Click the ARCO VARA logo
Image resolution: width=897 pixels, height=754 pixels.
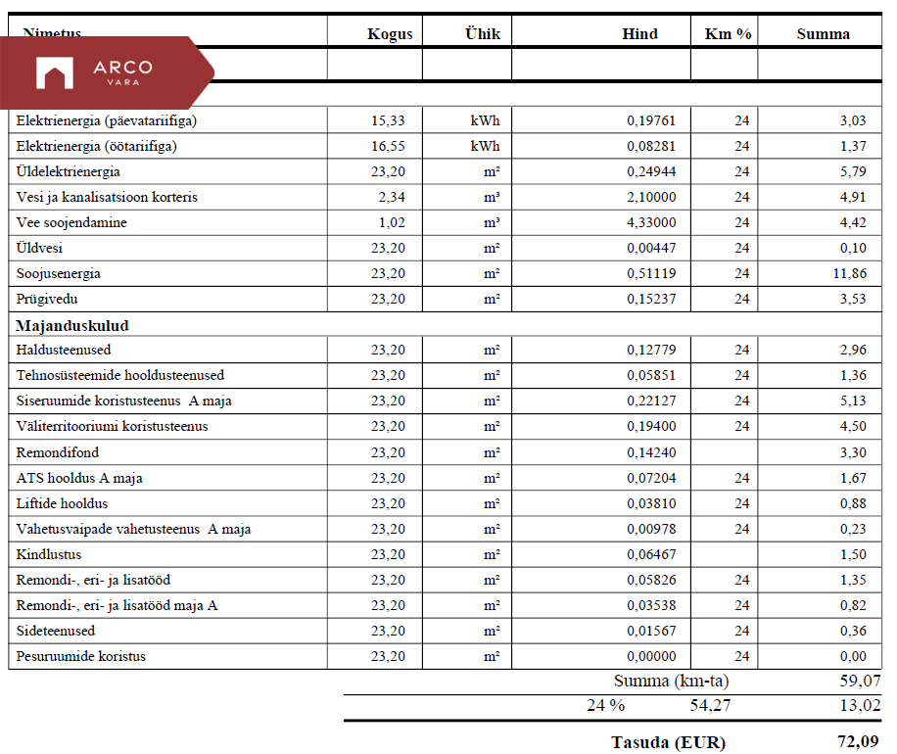coord(94,72)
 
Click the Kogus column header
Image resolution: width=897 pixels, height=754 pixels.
coord(390,33)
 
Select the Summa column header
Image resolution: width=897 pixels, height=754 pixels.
coord(823,33)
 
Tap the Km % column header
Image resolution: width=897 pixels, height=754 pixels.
coord(728,33)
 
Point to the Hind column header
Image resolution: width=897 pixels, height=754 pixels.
coord(639,33)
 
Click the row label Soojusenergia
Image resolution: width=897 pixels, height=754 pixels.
coord(59,273)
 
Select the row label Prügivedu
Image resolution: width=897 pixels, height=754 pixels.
coord(46,299)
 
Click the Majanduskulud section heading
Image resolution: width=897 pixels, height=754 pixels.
coord(72,325)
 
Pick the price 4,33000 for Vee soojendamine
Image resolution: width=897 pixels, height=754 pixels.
coord(651,222)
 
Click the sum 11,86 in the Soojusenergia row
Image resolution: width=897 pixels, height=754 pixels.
coord(849,273)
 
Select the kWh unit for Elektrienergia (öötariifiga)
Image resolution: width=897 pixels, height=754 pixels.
coord(485,146)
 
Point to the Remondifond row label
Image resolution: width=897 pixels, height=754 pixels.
coord(58,452)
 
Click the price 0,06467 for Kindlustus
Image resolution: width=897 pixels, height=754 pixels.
coord(651,554)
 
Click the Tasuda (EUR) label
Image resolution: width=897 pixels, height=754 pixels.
coord(668,741)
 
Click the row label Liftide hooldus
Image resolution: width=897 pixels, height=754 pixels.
coord(62,503)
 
